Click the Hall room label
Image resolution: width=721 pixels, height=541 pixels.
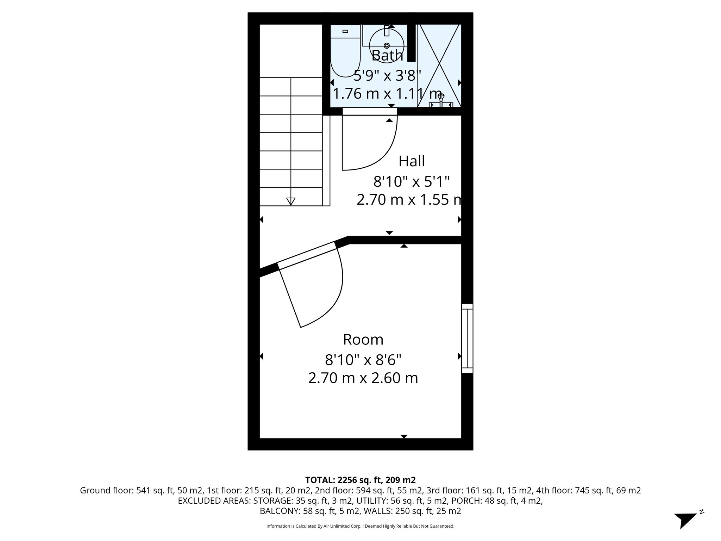pyautogui.click(x=412, y=161)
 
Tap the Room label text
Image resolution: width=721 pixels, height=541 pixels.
pyautogui.click(x=363, y=340)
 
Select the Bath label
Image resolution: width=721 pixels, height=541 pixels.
pyautogui.click(x=387, y=56)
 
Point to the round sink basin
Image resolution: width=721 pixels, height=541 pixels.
pyautogui.click(x=386, y=44)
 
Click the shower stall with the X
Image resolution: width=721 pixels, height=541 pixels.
pyautogui.click(x=439, y=65)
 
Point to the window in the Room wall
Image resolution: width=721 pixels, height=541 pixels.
pyautogui.click(x=467, y=338)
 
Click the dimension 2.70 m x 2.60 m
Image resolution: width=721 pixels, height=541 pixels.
pyautogui.click(x=363, y=378)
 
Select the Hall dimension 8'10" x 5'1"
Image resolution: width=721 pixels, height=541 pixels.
pyautogui.click(x=412, y=182)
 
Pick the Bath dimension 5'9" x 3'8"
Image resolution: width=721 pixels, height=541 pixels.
pyautogui.click(x=387, y=75)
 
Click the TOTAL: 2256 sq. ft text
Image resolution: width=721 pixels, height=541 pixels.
pyautogui.click(x=360, y=480)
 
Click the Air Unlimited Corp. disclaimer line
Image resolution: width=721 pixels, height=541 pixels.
pyautogui.click(x=360, y=526)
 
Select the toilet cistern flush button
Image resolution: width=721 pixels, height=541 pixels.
pyautogui.click(x=345, y=31)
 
